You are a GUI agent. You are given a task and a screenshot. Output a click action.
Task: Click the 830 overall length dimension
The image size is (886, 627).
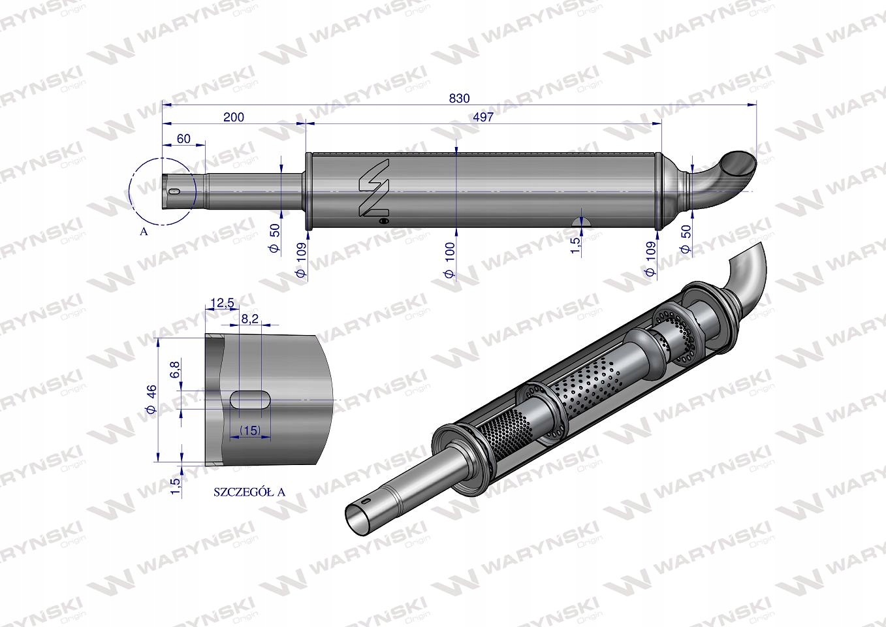[459, 98]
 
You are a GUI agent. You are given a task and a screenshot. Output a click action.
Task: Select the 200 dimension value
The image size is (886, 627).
[233, 117]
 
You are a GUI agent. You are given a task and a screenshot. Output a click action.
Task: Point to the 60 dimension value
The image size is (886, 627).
[183, 138]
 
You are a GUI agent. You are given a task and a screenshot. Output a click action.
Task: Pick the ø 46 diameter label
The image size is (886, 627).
[151, 400]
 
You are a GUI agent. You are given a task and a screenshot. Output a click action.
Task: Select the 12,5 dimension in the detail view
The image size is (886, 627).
[223, 302]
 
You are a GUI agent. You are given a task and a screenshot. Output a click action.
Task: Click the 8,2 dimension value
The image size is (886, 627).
[250, 318]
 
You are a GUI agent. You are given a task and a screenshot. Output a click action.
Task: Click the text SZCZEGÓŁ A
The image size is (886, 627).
[249, 492]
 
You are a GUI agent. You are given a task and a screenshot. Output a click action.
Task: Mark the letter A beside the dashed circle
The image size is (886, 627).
[144, 231]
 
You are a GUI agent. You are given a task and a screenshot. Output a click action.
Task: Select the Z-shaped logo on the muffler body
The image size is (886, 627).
[374, 189]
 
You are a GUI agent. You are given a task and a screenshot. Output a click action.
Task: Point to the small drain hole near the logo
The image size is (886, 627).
[383, 222]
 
